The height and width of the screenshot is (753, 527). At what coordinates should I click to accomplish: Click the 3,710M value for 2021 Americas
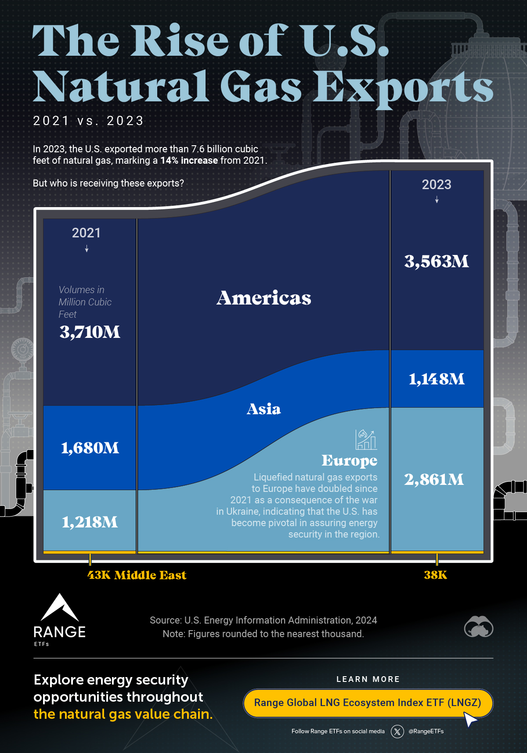pyautogui.click(x=90, y=332)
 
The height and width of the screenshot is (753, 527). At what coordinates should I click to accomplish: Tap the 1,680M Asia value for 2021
pyautogui.click(x=90, y=448)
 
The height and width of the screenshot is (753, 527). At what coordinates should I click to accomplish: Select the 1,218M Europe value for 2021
pyautogui.click(x=90, y=522)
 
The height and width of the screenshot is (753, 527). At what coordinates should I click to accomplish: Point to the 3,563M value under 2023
pyautogui.click(x=437, y=262)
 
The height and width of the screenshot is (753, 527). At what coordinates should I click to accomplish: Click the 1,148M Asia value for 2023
pyautogui.click(x=437, y=379)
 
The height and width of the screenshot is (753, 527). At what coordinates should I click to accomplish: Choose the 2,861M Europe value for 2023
pyautogui.click(x=434, y=480)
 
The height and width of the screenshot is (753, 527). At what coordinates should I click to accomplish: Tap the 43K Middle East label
pyautogui.click(x=137, y=575)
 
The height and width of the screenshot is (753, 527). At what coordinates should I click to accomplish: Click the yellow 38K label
pyautogui.click(x=436, y=575)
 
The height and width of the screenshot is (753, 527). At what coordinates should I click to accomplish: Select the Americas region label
pyautogui.click(x=264, y=298)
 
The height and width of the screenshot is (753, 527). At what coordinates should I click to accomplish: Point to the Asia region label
pyautogui.click(x=263, y=409)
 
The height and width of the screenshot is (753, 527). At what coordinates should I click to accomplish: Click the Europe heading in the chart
pyautogui.click(x=350, y=460)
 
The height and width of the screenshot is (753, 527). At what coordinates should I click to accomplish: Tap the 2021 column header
pyautogui.click(x=87, y=233)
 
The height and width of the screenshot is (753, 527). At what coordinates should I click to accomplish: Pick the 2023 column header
pyautogui.click(x=437, y=185)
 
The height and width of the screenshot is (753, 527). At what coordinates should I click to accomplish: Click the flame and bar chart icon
pyautogui.click(x=366, y=440)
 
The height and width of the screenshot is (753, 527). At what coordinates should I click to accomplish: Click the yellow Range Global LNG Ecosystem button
pyautogui.click(x=368, y=703)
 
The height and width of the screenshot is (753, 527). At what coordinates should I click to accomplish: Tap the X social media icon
pyautogui.click(x=397, y=731)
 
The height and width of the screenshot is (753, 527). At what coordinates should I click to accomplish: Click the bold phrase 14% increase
pyautogui.click(x=189, y=161)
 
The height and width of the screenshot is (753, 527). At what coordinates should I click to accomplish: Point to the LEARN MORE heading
pyautogui.click(x=368, y=679)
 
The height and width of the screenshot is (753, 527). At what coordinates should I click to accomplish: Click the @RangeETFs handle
pyautogui.click(x=426, y=731)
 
